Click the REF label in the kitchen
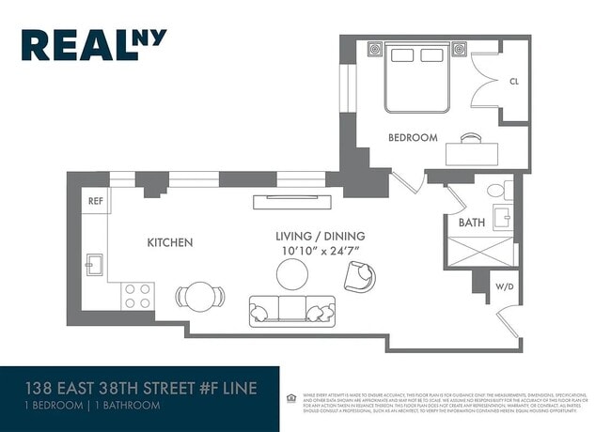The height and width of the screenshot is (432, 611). (x=95, y=201)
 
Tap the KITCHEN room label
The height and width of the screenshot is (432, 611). (x=169, y=242)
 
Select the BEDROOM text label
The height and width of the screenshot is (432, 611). (x=413, y=137)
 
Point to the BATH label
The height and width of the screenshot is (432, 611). (x=471, y=224)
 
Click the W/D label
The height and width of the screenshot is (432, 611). (x=504, y=286)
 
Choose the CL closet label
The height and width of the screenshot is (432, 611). (x=513, y=82)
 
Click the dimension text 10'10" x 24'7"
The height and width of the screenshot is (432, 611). (x=320, y=252)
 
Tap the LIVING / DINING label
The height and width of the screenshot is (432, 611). (x=320, y=236)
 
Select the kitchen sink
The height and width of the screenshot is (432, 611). (x=95, y=265)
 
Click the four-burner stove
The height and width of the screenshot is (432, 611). (x=138, y=296)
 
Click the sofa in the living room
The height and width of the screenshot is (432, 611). (x=291, y=311)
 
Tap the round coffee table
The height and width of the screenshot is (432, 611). (x=292, y=274)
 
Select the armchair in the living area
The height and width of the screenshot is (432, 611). (x=359, y=276)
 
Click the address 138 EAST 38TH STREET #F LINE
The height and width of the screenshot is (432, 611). (x=140, y=388)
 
